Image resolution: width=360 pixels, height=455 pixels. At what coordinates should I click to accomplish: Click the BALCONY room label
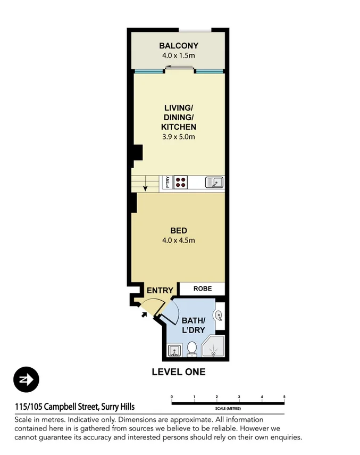[x=178, y=46]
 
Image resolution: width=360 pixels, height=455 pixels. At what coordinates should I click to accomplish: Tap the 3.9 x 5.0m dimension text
[x=179, y=137]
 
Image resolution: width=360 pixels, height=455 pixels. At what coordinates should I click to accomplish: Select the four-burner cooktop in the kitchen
[x=181, y=183]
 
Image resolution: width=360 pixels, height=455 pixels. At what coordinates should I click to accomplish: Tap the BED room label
[x=178, y=230]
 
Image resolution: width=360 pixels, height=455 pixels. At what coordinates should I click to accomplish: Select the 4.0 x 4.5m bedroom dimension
[x=178, y=240]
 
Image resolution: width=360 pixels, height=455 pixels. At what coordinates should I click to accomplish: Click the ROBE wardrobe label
[x=202, y=288]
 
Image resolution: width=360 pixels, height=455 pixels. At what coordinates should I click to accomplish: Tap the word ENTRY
[x=160, y=290]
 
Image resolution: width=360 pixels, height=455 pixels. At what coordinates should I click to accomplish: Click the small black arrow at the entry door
[x=144, y=313]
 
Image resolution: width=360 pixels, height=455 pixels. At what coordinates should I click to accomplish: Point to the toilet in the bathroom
[x=192, y=349]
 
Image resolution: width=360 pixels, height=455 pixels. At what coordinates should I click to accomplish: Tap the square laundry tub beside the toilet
[x=173, y=351]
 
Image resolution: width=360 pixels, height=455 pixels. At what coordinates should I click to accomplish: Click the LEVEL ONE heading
[x=178, y=372]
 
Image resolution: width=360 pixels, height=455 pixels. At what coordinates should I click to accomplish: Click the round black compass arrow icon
[x=27, y=380]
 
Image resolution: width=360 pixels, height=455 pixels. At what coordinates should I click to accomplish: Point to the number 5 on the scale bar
[x=284, y=397]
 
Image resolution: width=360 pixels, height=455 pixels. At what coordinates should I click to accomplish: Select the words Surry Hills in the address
[x=118, y=407]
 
